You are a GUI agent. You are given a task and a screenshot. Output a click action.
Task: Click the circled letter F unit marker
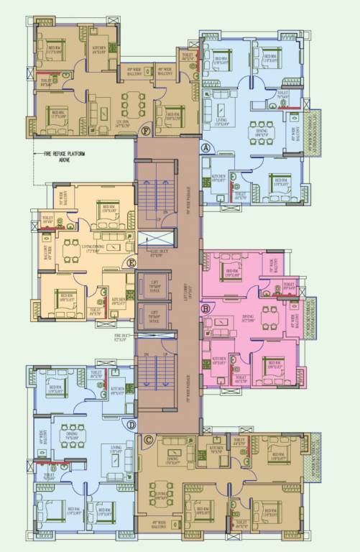[146, 130]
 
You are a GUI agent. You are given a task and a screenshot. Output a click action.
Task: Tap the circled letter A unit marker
[207, 147]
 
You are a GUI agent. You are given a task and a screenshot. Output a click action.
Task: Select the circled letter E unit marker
[130, 262]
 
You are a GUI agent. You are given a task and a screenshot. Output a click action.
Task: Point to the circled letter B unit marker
[207, 309]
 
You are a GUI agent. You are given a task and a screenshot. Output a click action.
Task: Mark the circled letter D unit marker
[131, 425]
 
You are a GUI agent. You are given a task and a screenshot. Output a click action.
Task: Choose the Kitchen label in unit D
[117, 390]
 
